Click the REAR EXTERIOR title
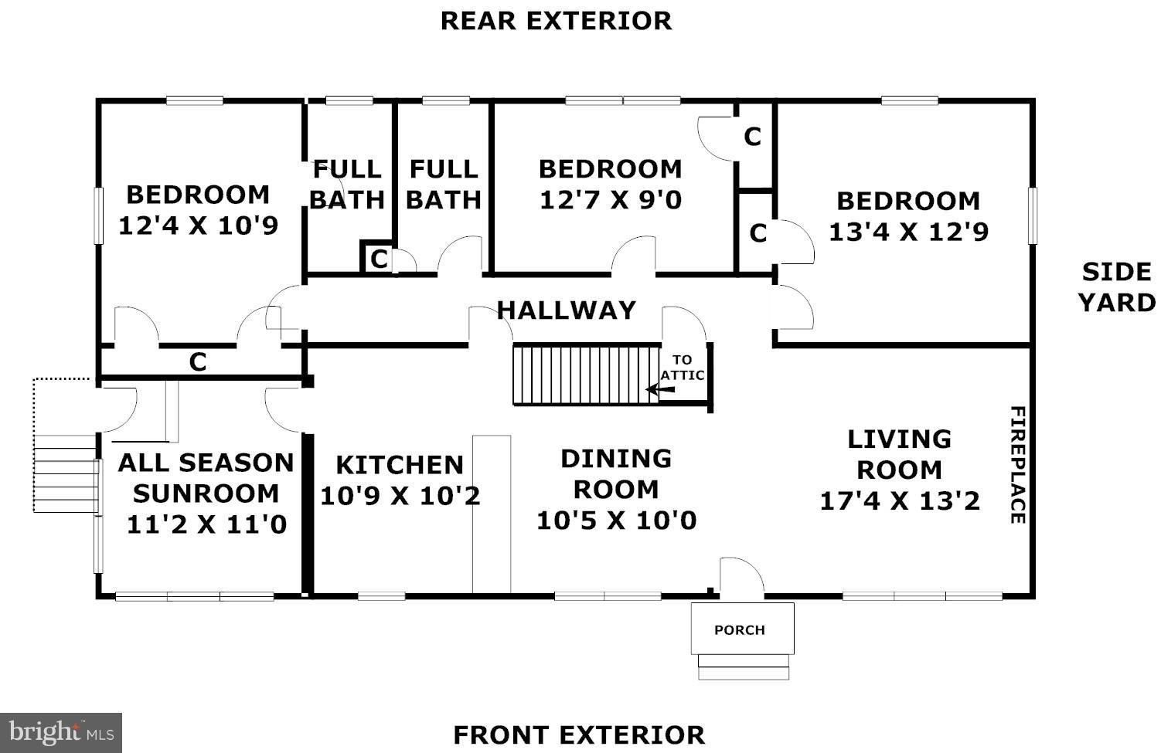pyautogui.click(x=556, y=21)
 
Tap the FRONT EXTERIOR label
pyautogui.click(x=579, y=735)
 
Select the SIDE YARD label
pyautogui.click(x=1117, y=287)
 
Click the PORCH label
pyautogui.click(x=740, y=629)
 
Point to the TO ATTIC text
pyautogui.click(x=683, y=367)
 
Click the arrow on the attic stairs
pyautogui.click(x=660, y=389)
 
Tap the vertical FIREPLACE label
pyautogui.click(x=1018, y=464)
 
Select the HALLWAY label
pyautogui.click(x=566, y=310)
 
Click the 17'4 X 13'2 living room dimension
pyautogui.click(x=900, y=500)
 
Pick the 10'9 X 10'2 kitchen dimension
pyautogui.click(x=400, y=496)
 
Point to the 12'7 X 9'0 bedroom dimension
pyautogui.click(x=611, y=200)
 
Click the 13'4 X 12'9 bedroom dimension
pyautogui.click(x=908, y=232)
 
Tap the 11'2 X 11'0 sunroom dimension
pyautogui.click(x=206, y=524)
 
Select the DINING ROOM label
pyautogui.click(x=616, y=474)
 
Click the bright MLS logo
pyautogui.click(x=61, y=733)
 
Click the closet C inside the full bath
pyautogui.click(x=379, y=259)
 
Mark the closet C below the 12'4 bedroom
pyautogui.click(x=198, y=362)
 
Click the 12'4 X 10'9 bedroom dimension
pyautogui.click(x=198, y=226)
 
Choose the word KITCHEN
pyautogui.click(x=400, y=465)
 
